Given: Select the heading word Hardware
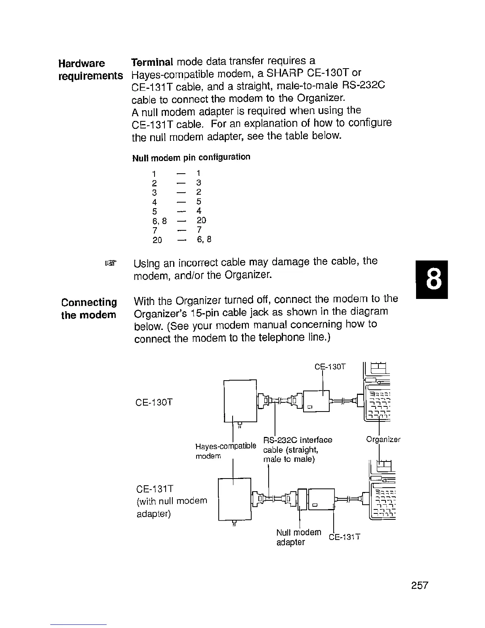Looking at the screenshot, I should (x=82, y=63).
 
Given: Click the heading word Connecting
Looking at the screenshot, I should (x=89, y=303).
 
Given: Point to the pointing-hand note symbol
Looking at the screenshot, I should (x=112, y=263).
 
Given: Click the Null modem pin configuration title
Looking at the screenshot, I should (x=191, y=157).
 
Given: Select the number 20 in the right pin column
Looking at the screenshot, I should (x=201, y=220).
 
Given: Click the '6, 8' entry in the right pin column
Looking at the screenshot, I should (x=204, y=239).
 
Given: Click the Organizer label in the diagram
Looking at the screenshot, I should (x=383, y=440).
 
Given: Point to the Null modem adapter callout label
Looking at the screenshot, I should (x=298, y=537).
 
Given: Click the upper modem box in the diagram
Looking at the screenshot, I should (x=240, y=401).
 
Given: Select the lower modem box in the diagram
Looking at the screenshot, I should (x=235, y=499).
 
